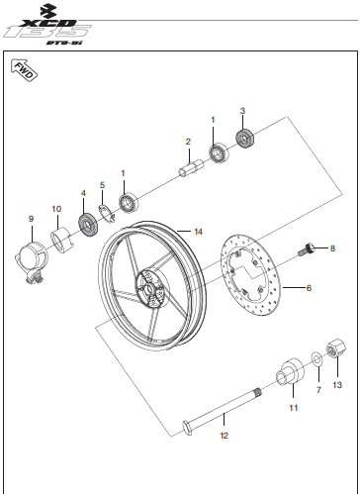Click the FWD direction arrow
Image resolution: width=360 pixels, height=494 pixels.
click(x=25, y=70)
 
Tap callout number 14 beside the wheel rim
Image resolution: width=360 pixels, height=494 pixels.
click(x=198, y=232)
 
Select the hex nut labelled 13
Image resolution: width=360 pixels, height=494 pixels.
click(x=336, y=348)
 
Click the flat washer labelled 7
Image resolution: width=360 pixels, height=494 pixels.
click(x=317, y=358)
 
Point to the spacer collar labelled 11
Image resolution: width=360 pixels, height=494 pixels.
click(x=290, y=371)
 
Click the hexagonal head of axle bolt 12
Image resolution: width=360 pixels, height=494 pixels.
click(x=187, y=427)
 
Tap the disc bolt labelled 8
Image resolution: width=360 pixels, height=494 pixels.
click(x=307, y=249)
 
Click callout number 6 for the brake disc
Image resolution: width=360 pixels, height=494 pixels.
click(x=309, y=288)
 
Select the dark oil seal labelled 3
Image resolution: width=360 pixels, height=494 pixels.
click(x=245, y=139)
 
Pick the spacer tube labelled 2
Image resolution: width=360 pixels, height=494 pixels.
click(x=191, y=168)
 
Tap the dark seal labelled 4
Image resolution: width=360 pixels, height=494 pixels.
click(x=89, y=226)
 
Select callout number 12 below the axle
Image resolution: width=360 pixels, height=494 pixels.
click(x=224, y=436)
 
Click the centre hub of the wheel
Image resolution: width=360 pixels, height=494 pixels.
click(x=151, y=288)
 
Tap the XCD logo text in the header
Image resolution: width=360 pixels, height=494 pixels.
click(x=46, y=23)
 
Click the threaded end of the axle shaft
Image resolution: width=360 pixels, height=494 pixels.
click(x=256, y=392)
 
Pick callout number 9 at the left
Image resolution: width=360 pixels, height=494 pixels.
click(x=31, y=219)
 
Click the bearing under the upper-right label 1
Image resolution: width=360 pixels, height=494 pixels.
click(x=220, y=153)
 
